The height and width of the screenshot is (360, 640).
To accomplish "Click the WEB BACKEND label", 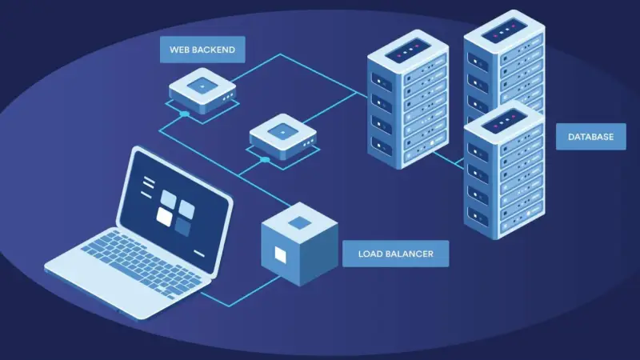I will [x=202, y=50].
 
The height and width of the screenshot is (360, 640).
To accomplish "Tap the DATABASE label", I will [x=590, y=137].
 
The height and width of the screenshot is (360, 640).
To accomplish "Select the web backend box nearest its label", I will [x=202, y=90].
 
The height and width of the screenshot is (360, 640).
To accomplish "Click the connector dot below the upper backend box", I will [x=185, y=114].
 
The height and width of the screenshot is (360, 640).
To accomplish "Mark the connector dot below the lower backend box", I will [x=265, y=159].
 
